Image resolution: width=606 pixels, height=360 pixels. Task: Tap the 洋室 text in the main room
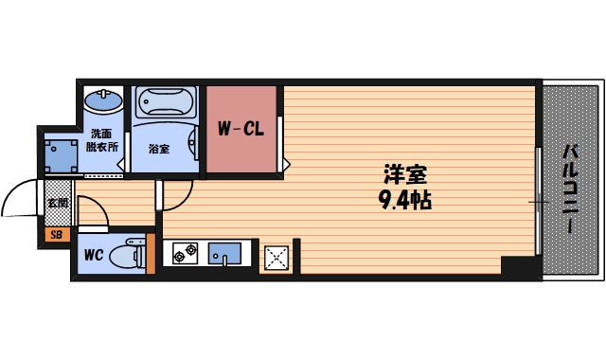[x=404, y=175]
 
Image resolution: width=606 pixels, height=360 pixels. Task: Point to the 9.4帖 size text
[x=404, y=200]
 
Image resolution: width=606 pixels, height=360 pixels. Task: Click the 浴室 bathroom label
[x=158, y=149]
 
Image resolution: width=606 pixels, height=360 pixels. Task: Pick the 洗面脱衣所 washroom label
[x=101, y=140]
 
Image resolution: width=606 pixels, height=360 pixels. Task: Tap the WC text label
[x=92, y=255]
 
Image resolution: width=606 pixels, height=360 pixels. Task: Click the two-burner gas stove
[x=184, y=253]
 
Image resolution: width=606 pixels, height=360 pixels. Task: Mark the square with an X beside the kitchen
[x=276, y=256]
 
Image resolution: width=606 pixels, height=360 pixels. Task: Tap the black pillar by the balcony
[x=520, y=267]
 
